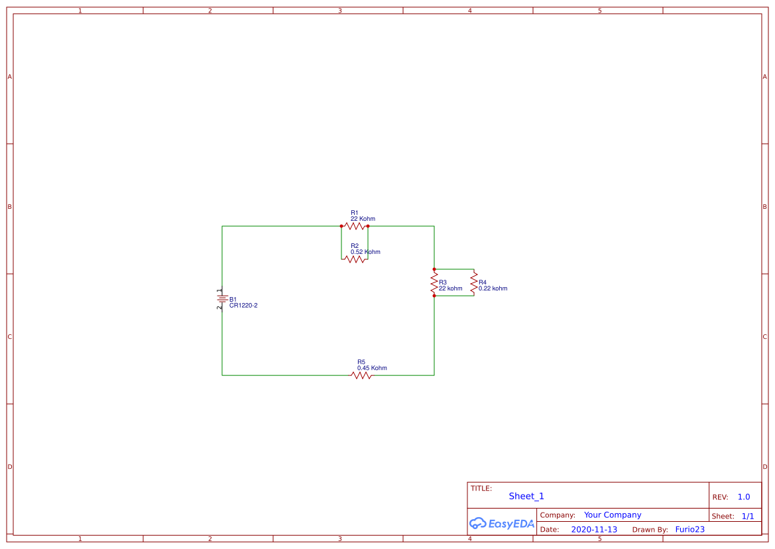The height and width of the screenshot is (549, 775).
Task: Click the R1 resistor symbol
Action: pos(355,226)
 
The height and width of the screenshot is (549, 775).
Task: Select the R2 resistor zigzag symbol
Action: pos(355,259)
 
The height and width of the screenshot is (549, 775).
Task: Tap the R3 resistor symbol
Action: pos(434,283)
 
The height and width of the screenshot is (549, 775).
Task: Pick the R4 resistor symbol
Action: pos(473,283)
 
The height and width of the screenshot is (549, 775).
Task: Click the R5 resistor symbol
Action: pos(361,375)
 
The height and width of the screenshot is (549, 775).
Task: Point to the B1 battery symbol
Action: pos(222,299)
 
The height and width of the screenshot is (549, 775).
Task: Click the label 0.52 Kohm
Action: pos(365,252)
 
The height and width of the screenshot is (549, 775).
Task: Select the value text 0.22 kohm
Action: pos(493,288)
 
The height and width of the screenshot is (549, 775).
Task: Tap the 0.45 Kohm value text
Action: pos(372,368)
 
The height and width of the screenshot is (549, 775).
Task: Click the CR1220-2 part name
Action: pos(243,306)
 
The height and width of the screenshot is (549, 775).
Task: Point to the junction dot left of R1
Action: pos(341,226)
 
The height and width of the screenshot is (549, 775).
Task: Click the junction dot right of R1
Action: pos(368,226)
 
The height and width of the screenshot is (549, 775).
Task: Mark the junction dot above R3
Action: pos(434,269)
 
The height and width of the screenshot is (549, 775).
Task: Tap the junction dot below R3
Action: pos(434,296)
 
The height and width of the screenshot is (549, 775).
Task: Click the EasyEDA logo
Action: pos(502,524)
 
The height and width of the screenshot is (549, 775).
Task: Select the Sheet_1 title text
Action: pos(526,497)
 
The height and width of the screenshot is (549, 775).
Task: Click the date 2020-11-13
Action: pos(594,530)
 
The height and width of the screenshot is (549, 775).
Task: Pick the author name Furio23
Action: pos(689,530)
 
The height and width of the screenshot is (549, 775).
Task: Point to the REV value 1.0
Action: pos(744,497)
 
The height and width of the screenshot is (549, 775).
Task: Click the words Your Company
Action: pos(613,515)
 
